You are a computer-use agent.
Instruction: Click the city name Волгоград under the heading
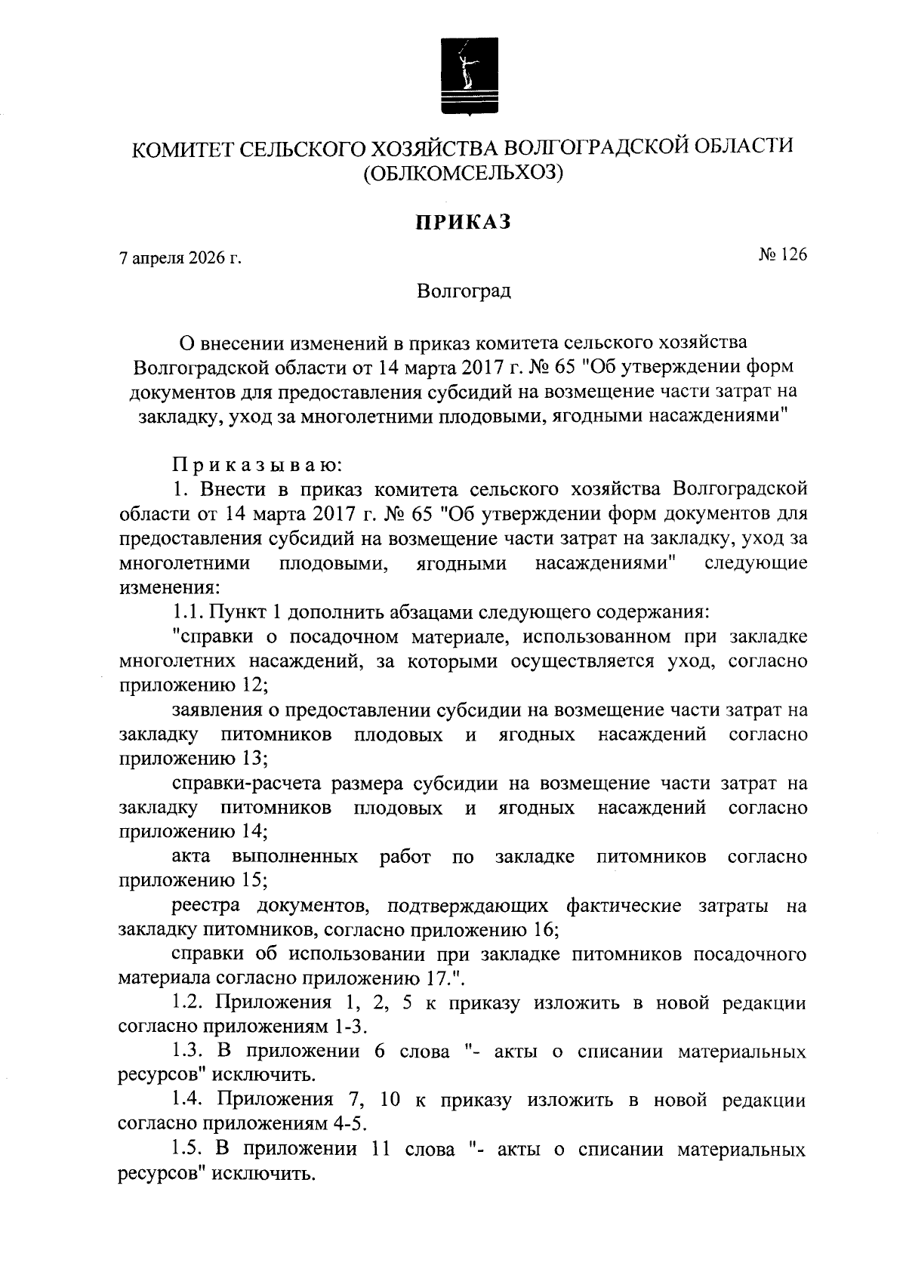coord(464,291)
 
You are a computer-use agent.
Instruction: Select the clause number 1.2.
coord(188,1002)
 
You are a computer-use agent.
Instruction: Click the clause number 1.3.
coord(188,1051)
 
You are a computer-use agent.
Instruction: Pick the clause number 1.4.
coord(188,1100)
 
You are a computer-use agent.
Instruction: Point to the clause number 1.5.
coord(188,1149)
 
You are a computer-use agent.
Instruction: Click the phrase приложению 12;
coord(193,685)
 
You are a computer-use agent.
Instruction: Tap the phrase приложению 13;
coord(193,758)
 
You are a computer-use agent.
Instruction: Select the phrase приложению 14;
coord(193,831)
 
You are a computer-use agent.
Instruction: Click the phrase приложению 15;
coord(193,880)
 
